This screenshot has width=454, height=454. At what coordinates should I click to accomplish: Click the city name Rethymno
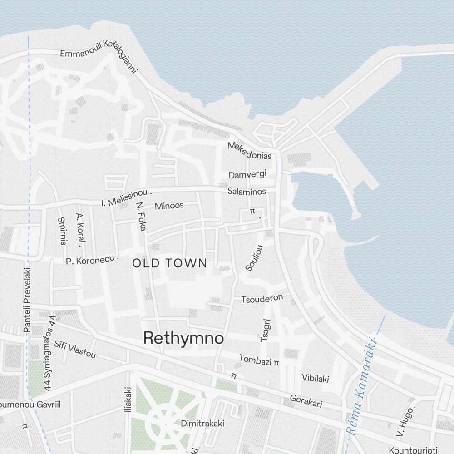(x=183, y=338)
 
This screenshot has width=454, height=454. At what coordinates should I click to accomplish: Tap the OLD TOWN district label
(x=170, y=263)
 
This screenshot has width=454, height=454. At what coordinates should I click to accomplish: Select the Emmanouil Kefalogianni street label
(x=99, y=56)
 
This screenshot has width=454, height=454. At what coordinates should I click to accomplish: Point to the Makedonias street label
(x=250, y=151)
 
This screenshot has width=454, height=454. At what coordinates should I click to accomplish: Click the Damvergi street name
(x=247, y=175)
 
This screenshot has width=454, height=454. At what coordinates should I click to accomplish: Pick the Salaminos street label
(x=247, y=192)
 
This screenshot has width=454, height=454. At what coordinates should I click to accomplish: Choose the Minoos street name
(x=169, y=206)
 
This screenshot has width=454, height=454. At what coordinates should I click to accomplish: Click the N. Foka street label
(x=141, y=216)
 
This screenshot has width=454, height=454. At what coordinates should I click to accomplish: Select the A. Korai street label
(x=81, y=230)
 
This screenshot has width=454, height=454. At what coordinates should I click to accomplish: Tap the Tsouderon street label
(x=262, y=299)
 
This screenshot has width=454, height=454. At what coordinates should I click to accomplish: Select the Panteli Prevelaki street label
(x=27, y=299)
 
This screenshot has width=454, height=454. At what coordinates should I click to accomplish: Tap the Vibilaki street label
(x=316, y=378)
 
